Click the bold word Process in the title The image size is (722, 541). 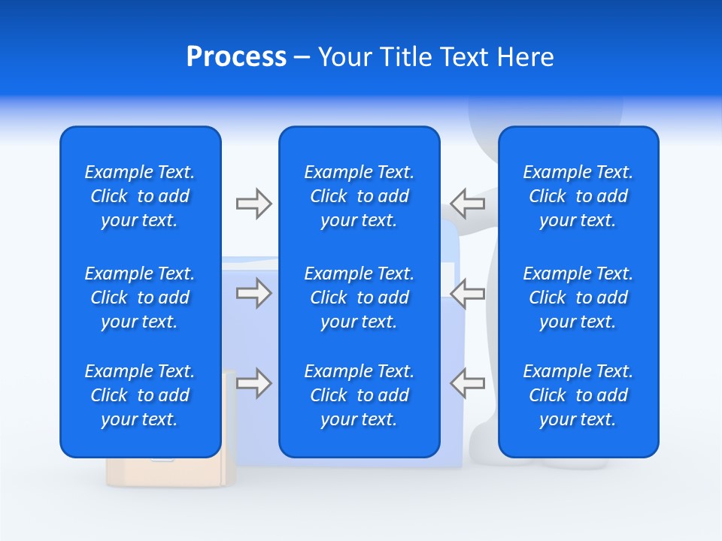coord(236,57)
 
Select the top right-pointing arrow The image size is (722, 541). coord(253,204)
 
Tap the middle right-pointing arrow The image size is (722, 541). coord(253,293)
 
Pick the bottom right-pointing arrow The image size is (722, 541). coord(253,383)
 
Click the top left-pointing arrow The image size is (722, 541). coord(468,204)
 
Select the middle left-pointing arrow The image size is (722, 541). coord(468,293)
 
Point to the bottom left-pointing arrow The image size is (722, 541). coord(468,383)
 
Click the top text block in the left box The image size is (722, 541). coord(140,196)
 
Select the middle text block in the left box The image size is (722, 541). coord(140,298)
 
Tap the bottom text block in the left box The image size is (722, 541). coord(140,395)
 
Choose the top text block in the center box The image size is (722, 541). coord(359,196)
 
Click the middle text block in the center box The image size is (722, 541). coord(359,298)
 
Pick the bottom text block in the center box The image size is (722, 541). coord(359,395)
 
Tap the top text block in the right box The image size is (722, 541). coord(578,196)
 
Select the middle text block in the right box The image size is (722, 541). coord(578,298)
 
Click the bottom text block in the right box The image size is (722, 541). coord(578,395)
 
